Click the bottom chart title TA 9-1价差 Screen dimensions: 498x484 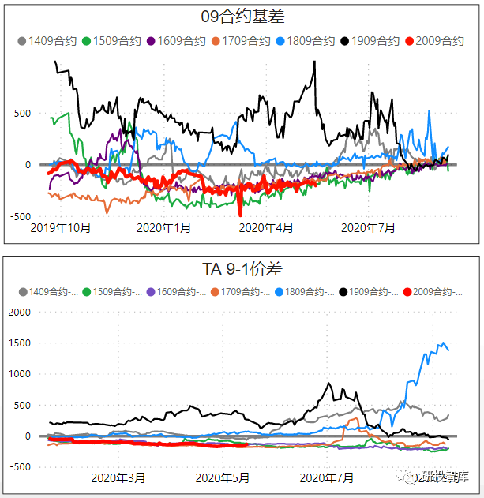(x=243, y=269)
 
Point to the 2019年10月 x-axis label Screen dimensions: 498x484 (x=60, y=228)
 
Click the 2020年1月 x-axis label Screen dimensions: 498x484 (x=163, y=228)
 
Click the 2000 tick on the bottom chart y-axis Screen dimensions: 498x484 (x=18, y=312)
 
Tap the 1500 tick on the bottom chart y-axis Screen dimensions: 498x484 (x=18, y=343)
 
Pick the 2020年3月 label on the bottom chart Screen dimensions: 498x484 (x=118, y=477)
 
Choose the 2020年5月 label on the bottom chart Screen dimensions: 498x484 (x=222, y=477)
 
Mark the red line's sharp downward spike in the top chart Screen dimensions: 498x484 (x=240, y=214)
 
